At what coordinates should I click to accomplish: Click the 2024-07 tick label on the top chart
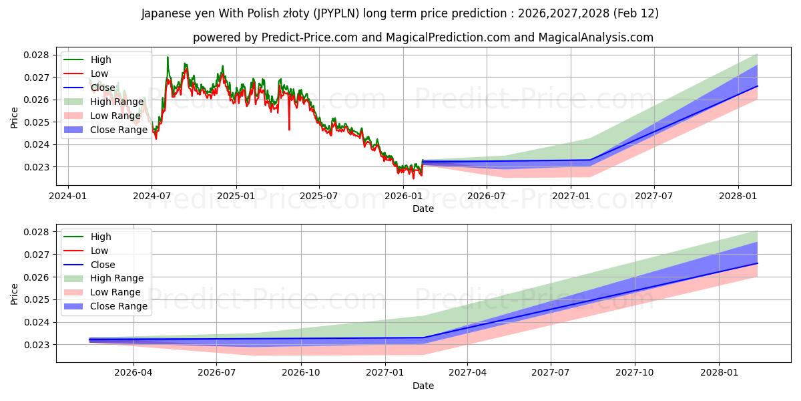point(152,196)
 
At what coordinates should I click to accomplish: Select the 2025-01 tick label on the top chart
point(236,196)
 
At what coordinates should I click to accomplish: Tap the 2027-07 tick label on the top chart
point(654,196)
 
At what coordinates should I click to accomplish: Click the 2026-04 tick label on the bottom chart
point(133,373)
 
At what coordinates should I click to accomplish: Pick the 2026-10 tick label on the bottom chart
point(301,373)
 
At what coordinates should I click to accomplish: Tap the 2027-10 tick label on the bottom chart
point(635,373)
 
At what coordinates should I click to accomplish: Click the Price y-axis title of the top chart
point(15,118)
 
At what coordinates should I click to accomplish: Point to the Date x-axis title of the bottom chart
point(423,386)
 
